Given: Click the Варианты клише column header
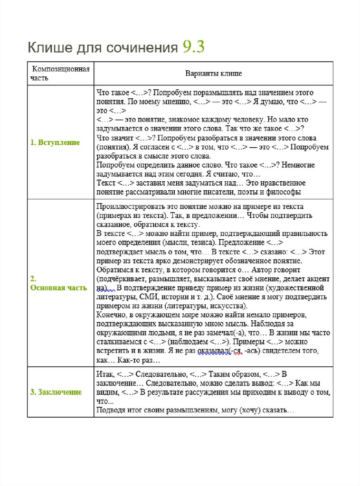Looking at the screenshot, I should coord(213,74).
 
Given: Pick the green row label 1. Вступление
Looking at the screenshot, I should coord(55,142).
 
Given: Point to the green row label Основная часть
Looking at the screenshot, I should coord(58,288).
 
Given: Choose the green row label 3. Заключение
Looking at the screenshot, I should coord(56,392).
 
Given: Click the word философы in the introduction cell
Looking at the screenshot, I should coord(284,192).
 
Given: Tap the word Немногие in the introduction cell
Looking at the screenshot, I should coord(298,165).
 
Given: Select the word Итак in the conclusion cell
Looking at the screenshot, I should coord(104,374).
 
